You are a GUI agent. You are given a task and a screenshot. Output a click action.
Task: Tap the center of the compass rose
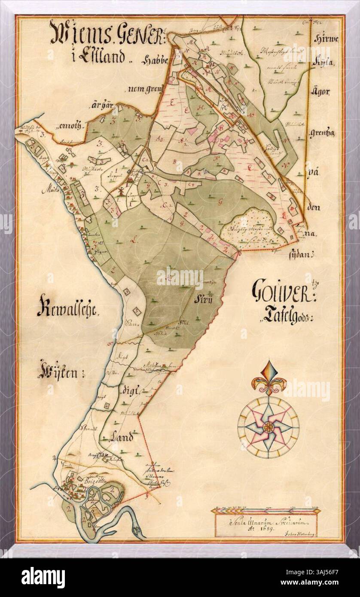pos(268,426)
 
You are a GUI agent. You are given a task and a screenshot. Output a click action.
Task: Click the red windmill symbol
pos(121,192)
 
